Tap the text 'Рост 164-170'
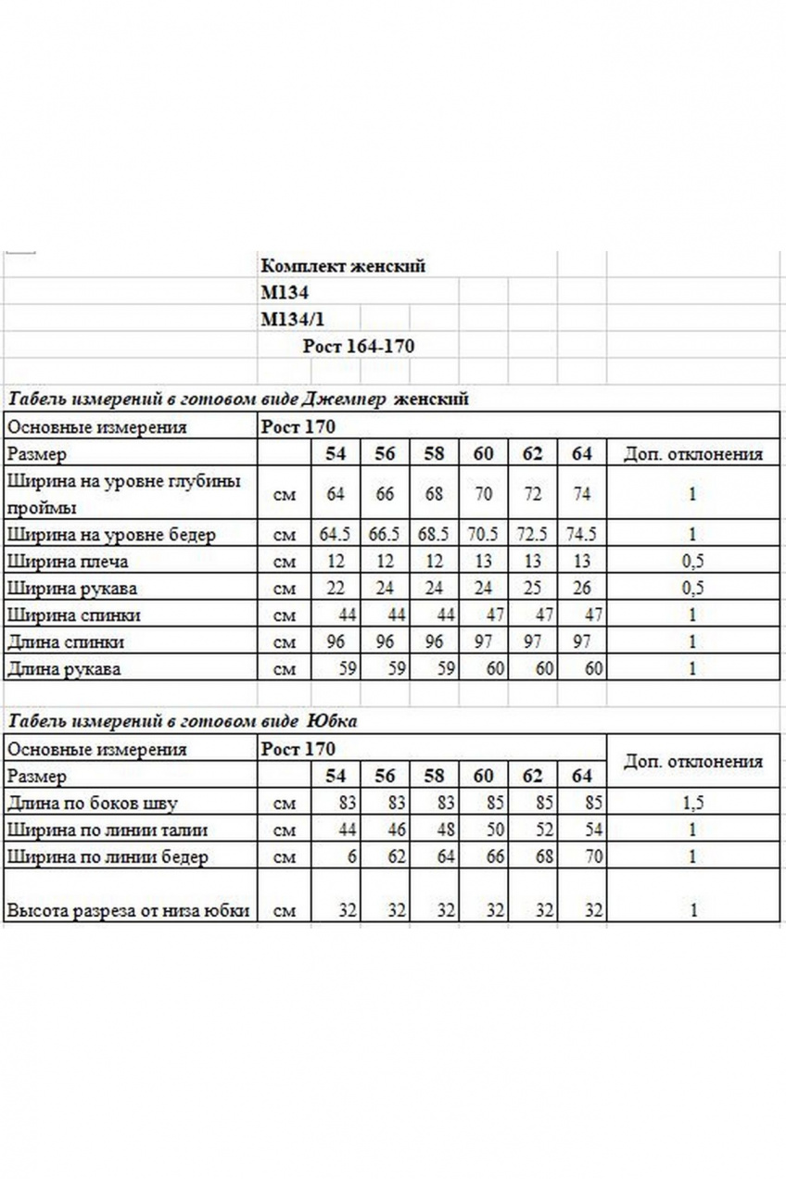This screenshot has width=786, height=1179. coord(358,347)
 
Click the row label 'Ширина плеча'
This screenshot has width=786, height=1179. coord(67,561)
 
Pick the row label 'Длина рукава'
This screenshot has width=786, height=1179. coord(64,668)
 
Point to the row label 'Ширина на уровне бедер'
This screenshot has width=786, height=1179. coord(111,534)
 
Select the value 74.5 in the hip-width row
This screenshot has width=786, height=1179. coord(581,534)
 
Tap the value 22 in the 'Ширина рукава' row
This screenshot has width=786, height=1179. coord(336,588)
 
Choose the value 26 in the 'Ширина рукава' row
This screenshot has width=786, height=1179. coord(581,588)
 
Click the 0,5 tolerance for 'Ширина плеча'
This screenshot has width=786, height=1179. coord(691,561)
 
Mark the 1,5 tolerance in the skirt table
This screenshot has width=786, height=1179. coord(691,803)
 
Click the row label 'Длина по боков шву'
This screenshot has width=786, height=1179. coord(92,803)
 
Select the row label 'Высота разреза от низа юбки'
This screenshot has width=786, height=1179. coord(128,910)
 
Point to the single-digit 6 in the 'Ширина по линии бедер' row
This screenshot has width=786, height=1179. coord(351,856)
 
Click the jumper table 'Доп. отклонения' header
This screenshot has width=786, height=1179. coord(692,453)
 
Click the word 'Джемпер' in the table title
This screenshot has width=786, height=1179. coord(343,399)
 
